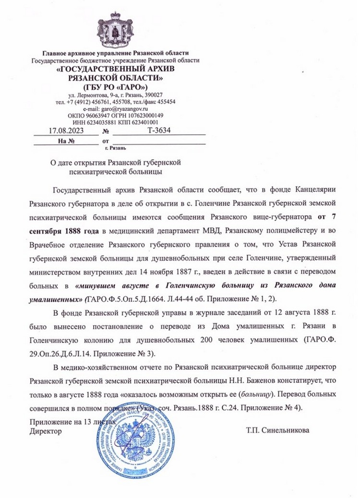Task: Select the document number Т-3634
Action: tap(158, 130)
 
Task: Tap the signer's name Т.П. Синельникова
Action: tap(277, 430)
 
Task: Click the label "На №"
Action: tap(65, 141)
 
